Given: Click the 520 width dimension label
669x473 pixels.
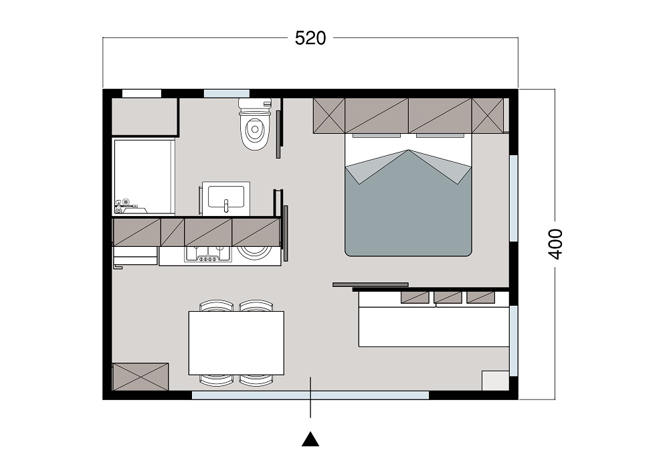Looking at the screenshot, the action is tap(310, 38).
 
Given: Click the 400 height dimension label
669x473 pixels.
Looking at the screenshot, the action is tap(555, 244).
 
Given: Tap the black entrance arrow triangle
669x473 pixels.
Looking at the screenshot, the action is tap(310, 440).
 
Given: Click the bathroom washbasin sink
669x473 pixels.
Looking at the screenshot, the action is tap(226, 198).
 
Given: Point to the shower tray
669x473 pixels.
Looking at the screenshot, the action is tap(145, 176).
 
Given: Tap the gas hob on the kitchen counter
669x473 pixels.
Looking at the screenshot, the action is tap(208, 254).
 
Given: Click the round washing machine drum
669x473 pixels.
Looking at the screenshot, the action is tap(255, 252).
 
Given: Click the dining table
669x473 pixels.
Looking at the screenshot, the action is tap(236, 343).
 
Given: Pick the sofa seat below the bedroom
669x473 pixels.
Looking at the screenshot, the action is tap(434, 326).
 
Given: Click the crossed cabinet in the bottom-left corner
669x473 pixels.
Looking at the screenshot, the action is tap(140, 377).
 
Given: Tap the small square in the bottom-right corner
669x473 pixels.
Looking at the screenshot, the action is tap(495, 381).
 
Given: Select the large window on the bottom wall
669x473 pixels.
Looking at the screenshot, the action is tap(310, 395).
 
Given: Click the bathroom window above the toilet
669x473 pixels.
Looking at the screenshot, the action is tap(227, 94).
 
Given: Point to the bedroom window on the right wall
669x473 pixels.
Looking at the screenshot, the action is tap(514, 198).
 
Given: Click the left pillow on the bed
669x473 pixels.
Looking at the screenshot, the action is tap(376, 136).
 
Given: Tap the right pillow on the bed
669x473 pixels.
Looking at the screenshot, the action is tap(440, 136).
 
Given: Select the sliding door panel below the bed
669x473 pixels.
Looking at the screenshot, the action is tap(371, 284).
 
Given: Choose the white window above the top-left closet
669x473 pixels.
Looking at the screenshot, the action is tap(142, 94).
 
